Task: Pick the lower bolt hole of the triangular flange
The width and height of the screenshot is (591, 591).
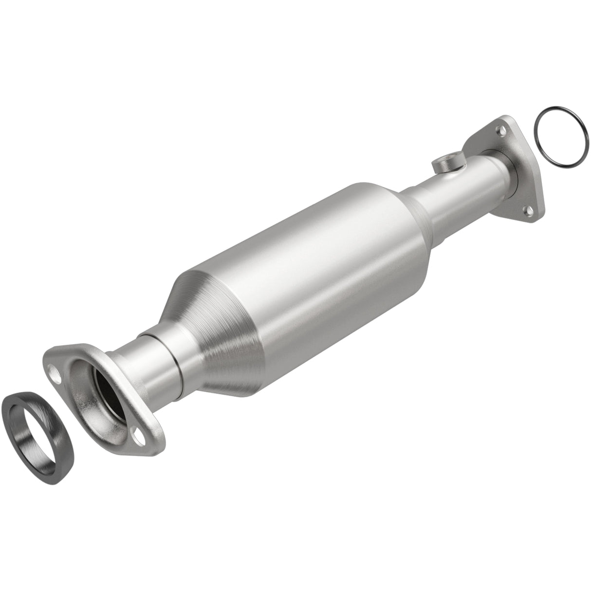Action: click(527, 211)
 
